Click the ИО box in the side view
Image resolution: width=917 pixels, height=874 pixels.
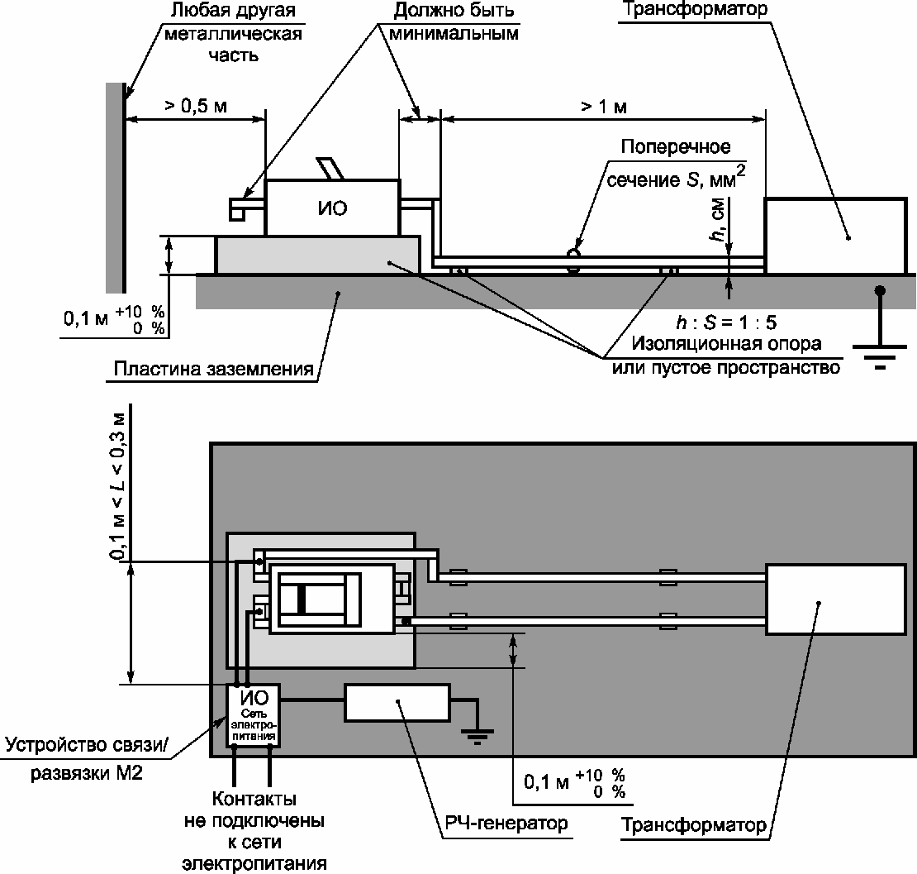[332, 208]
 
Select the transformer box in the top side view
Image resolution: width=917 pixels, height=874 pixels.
[836, 236]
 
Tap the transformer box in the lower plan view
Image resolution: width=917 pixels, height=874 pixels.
[836, 599]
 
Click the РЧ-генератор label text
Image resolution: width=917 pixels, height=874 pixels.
[506, 823]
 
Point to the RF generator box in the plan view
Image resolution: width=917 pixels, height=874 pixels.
[397, 703]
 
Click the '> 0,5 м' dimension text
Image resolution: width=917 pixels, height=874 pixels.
[195, 106]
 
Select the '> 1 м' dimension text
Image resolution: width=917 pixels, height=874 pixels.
[604, 107]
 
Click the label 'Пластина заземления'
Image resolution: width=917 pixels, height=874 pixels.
[213, 369]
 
